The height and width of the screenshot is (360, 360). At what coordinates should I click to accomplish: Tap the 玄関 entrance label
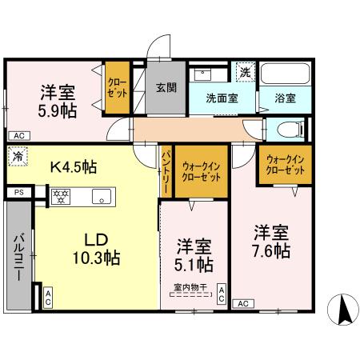tap(166, 88)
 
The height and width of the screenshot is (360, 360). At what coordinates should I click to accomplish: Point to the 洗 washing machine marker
tap(245, 72)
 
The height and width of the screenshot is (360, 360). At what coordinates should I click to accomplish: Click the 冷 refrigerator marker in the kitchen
tap(17, 158)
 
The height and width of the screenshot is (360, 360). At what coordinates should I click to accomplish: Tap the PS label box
tap(18, 192)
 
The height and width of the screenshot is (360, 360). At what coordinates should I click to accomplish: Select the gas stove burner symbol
tap(61, 194)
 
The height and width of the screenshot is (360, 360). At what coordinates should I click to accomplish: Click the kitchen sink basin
tap(102, 195)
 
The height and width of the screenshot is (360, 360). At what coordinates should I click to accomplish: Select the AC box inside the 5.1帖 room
tap(222, 294)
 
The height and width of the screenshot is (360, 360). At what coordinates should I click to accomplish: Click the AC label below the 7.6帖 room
tap(243, 304)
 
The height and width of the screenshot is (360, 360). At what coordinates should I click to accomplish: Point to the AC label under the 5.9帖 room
tap(18, 135)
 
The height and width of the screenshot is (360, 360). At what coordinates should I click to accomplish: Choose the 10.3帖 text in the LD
tap(97, 258)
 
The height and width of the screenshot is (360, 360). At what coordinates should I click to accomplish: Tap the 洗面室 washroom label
tap(220, 99)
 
